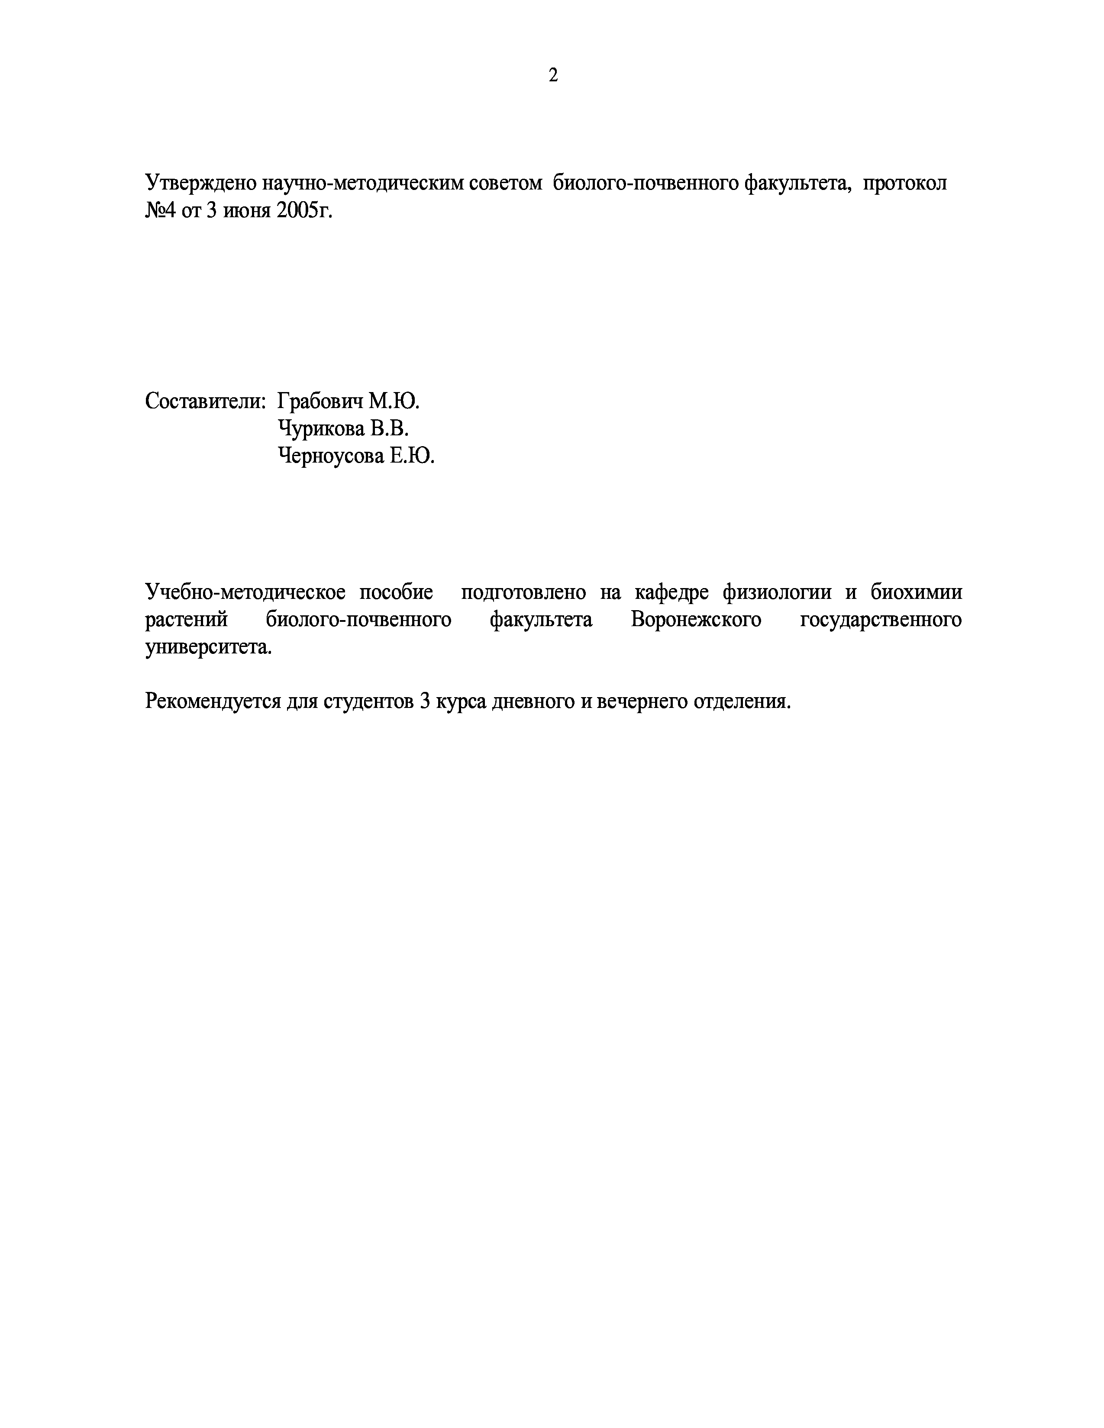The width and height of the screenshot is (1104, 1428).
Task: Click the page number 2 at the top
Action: coord(553,76)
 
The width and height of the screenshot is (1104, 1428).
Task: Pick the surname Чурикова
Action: coord(320,428)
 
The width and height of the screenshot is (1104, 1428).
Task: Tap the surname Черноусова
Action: coord(330,456)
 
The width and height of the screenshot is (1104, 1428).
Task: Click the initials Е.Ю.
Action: coord(413,456)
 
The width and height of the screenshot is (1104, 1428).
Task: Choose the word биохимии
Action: coord(916,592)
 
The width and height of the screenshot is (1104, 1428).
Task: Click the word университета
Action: coord(208,647)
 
